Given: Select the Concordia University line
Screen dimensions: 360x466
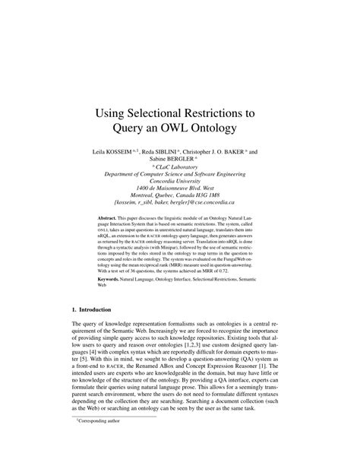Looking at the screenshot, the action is (180, 182).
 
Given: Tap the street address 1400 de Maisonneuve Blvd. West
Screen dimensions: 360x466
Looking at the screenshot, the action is (180, 189).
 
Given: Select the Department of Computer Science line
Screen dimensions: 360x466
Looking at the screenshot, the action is (180, 176).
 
